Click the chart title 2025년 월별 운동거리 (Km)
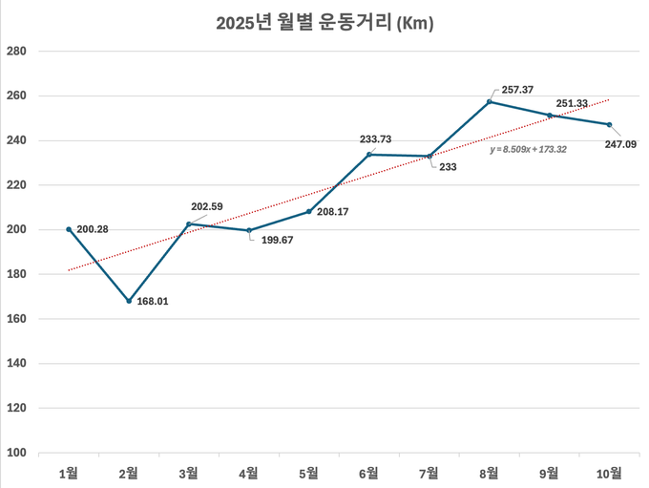click(324, 24)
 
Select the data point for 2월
click(129, 301)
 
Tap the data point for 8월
click(490, 101)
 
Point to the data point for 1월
click(69, 229)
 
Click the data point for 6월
click(369, 155)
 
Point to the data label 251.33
click(572, 103)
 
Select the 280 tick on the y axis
click(16, 52)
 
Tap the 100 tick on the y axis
click(16, 453)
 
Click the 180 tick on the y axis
click(16, 274)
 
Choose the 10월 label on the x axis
click(609, 472)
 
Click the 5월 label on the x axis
click(309, 472)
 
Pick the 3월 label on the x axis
click(189, 472)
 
